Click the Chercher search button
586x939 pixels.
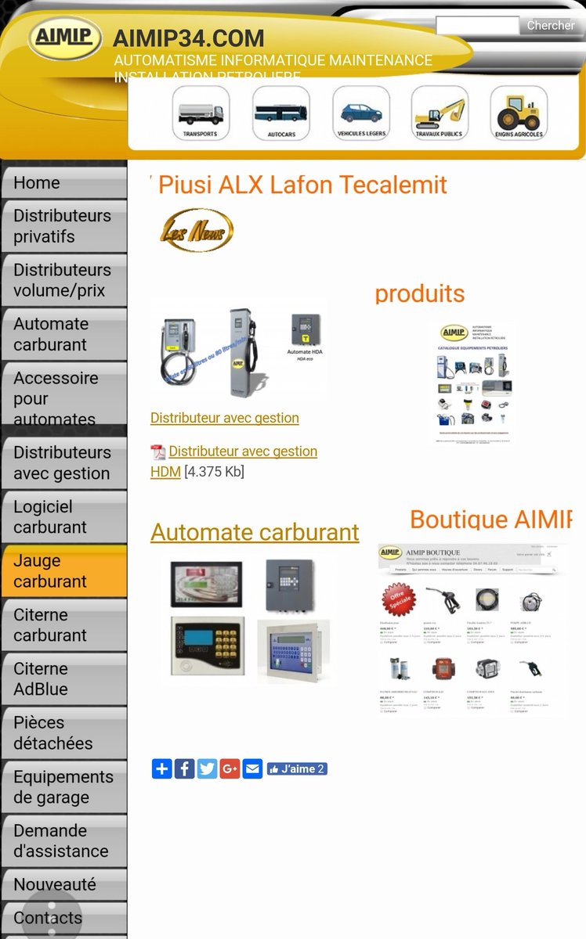550,26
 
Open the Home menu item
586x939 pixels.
63,183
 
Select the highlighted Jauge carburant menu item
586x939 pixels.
63,571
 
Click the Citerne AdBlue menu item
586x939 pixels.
63,679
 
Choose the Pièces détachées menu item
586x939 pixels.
63,733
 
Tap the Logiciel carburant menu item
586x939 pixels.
63,517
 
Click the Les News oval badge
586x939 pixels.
197,230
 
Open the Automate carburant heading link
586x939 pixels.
255,532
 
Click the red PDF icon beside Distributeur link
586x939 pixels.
157,452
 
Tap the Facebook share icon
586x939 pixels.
184,769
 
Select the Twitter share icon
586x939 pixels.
207,769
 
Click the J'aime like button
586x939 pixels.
297,769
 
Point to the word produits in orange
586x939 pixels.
420,294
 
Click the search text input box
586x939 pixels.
477,26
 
